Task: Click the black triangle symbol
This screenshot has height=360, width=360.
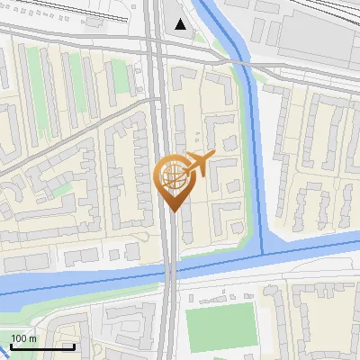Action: click(182, 24)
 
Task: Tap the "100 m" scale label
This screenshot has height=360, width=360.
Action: click(23, 338)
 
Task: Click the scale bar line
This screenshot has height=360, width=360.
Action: click(41, 346)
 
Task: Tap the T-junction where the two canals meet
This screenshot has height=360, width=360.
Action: click(263, 248)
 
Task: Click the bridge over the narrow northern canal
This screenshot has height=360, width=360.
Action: click(241, 64)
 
